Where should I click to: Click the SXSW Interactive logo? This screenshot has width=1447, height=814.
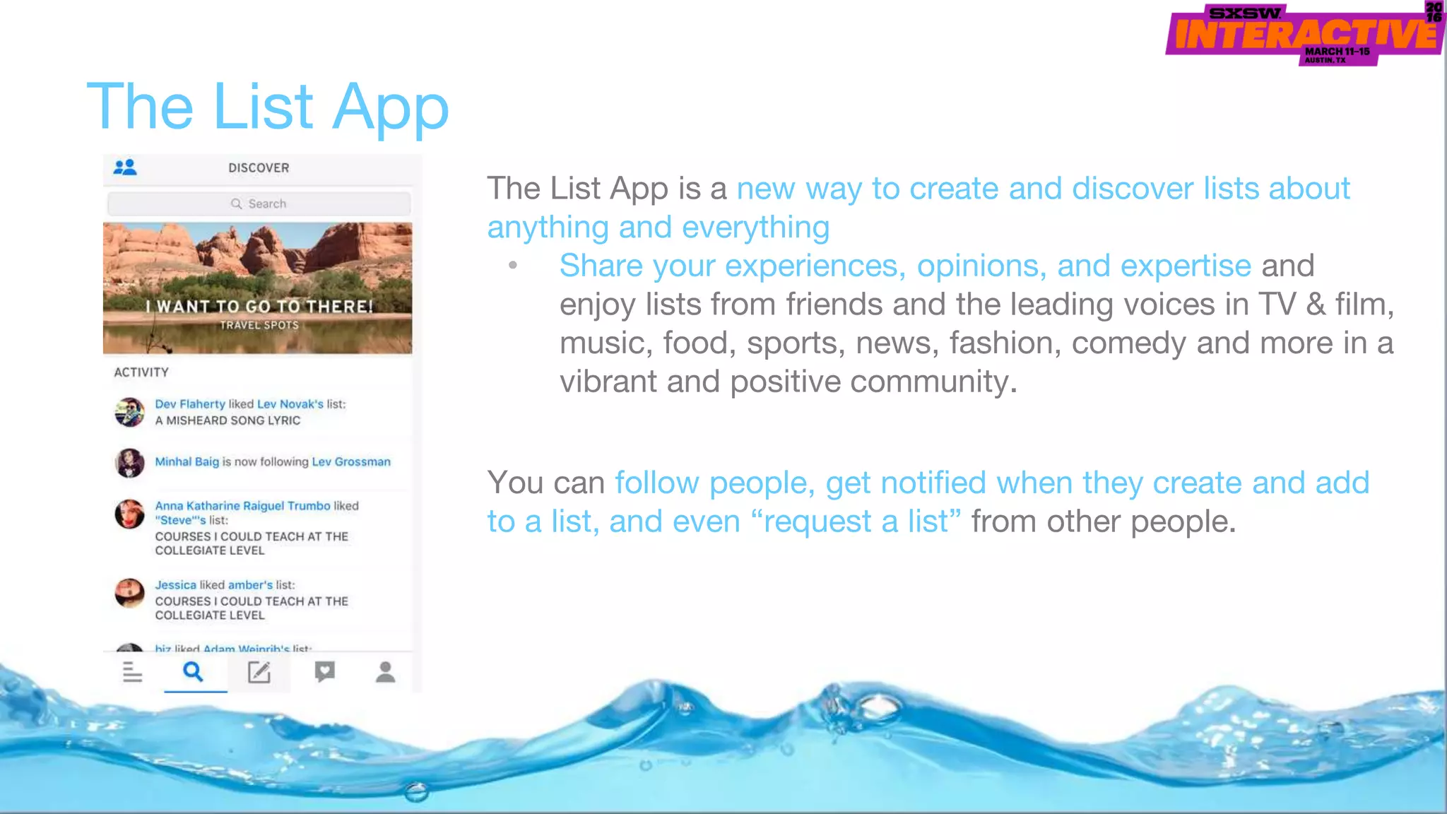tap(1304, 34)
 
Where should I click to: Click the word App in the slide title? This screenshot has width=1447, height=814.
tap(390, 107)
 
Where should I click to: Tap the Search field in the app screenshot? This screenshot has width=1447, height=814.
tap(259, 203)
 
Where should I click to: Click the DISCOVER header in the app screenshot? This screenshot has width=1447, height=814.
tap(259, 168)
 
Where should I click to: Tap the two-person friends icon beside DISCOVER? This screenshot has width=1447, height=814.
tap(125, 167)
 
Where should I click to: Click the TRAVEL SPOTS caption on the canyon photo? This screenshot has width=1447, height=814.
tap(259, 325)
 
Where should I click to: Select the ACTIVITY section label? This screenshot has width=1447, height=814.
tap(141, 372)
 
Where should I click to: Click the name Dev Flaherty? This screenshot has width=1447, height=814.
tap(189, 404)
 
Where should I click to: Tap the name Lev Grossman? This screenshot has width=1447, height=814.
tap(350, 462)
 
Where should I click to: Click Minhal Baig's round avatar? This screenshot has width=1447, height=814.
tap(129, 463)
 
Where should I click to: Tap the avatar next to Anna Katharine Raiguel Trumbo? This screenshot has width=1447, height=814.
tap(129, 514)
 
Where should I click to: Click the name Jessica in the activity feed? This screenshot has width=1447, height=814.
tap(175, 585)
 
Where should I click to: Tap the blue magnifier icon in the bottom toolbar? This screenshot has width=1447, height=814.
tap(193, 671)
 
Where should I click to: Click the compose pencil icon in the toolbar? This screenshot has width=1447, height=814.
tap(259, 672)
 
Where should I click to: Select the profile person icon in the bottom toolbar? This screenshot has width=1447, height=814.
tap(385, 672)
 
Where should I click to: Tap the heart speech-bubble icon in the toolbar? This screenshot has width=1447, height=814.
tap(324, 671)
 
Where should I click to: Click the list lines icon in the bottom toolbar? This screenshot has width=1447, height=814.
tap(132, 672)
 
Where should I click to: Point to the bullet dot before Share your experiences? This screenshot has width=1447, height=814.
tap(513, 266)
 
